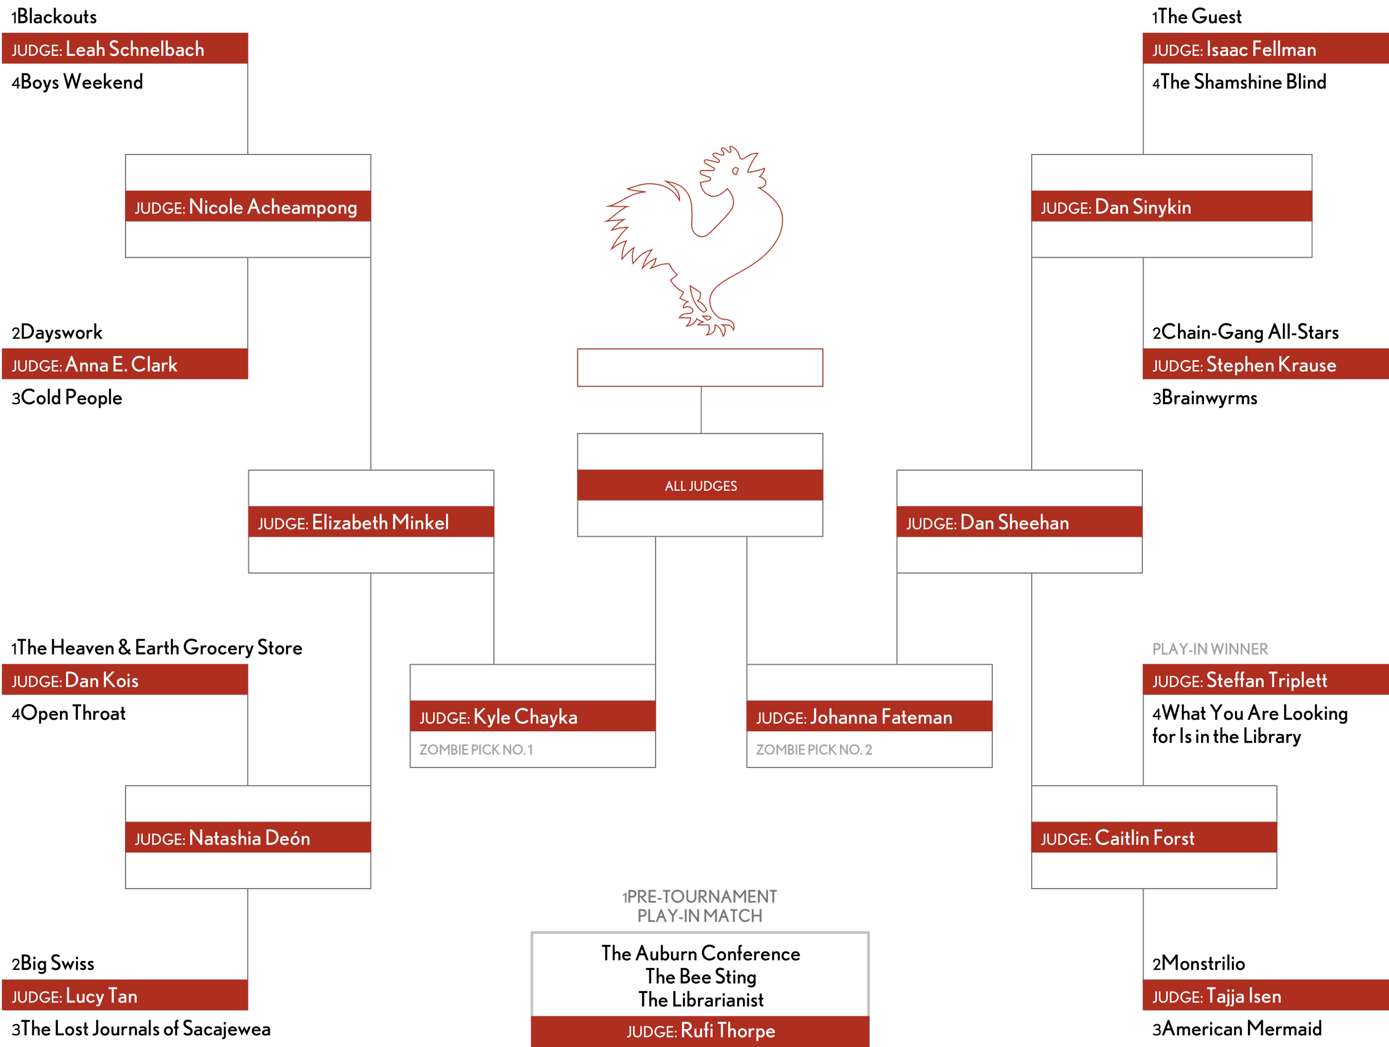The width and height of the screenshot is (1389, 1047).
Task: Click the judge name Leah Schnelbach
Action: (x=134, y=49)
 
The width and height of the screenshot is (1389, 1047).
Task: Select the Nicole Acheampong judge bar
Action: (x=248, y=207)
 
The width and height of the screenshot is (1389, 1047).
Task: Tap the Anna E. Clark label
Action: (x=121, y=365)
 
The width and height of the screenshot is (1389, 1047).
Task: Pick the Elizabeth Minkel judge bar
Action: (x=371, y=522)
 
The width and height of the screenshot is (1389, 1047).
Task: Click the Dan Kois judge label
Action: (x=101, y=680)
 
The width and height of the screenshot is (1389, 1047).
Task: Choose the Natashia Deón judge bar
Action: (x=248, y=838)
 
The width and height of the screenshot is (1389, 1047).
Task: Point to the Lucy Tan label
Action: (x=101, y=996)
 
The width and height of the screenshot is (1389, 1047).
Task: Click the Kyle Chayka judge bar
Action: (x=532, y=717)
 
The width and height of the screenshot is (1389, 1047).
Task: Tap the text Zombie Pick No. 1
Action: (x=476, y=749)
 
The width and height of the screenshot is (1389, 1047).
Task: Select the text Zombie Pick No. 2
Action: (x=814, y=749)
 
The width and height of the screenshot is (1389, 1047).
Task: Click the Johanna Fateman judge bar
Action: (x=869, y=717)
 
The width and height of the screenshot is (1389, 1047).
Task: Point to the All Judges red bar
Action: (x=700, y=486)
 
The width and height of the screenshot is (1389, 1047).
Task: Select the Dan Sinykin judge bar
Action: (x=1171, y=207)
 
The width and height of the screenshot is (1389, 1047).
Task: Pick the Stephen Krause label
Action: (x=1271, y=365)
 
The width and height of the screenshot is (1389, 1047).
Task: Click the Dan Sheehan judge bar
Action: (x=1019, y=522)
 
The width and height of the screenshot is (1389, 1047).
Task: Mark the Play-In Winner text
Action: (x=1210, y=649)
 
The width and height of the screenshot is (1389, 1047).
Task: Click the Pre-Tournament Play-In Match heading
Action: (x=700, y=906)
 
